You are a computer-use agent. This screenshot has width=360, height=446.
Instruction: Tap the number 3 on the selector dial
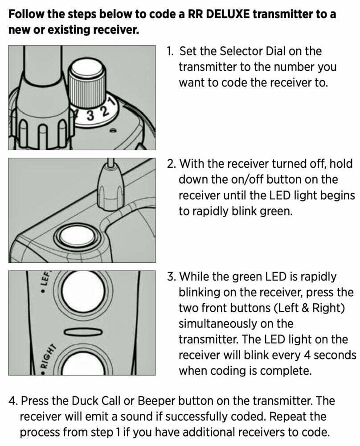90,116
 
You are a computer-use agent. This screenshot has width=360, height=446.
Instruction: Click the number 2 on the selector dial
105,111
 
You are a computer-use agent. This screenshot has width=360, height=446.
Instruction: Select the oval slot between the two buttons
83,332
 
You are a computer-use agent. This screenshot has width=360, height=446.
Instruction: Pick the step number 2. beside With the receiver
171,164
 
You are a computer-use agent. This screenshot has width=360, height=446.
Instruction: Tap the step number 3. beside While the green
172,277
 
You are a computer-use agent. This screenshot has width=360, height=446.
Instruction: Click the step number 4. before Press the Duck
13,401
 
